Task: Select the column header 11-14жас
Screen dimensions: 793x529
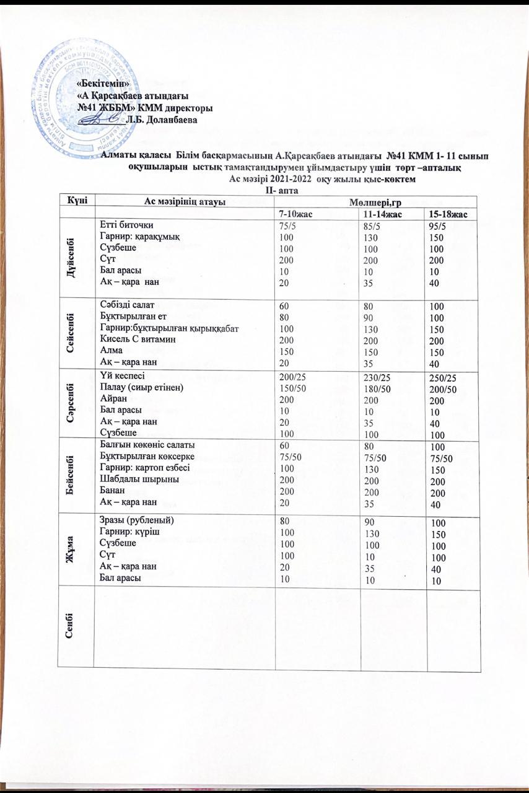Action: pos(383,214)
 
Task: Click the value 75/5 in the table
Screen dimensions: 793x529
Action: pos(290,226)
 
